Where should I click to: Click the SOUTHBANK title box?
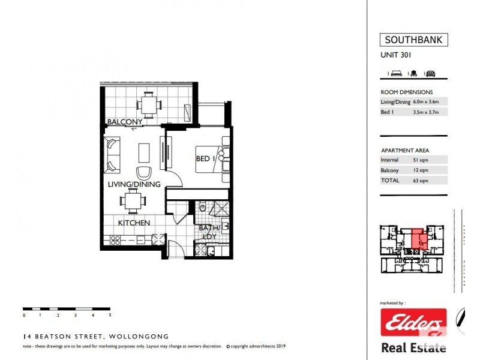point(413,41)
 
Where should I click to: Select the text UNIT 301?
point(396,56)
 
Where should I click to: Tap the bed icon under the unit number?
point(396,73)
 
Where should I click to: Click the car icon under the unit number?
point(430,73)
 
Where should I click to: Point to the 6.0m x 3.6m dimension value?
point(430,102)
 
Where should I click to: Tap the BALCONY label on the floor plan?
point(124,122)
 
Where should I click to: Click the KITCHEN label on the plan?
point(133,223)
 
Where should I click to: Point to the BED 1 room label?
point(204,158)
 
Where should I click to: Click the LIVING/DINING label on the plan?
point(134,184)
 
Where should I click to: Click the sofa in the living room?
point(112,155)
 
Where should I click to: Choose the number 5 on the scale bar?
point(110,314)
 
